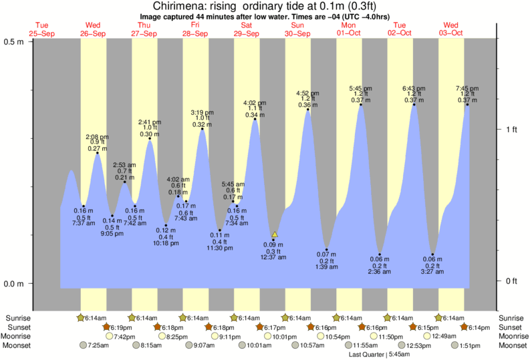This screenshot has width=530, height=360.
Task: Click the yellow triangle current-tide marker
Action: pos(275,234)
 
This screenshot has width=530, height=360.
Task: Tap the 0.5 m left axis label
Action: pos(14,41)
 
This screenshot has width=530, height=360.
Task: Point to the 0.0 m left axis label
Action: pos(14,284)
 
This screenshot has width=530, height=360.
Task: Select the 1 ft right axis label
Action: pos(511,129)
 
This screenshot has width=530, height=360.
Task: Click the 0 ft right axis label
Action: pos(511,281)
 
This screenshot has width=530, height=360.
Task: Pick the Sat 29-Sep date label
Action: pos(247,29)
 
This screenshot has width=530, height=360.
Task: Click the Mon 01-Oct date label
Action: pos(349,29)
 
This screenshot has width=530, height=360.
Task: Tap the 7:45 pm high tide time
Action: pos(467,88)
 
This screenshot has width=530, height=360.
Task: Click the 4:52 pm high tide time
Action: pos(307,93)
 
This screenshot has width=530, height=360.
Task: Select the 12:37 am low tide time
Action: pos(273,257)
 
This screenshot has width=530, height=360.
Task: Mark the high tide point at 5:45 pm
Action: pos(361,104)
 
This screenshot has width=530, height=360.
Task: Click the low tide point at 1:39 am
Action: pos(327,248)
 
